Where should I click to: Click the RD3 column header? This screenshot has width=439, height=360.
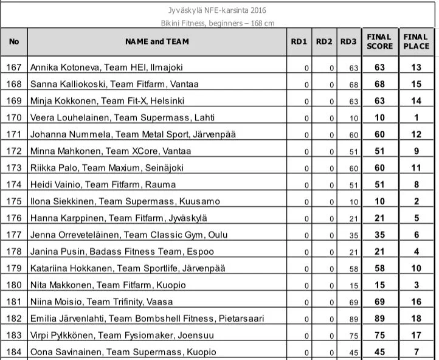click(x=348, y=42)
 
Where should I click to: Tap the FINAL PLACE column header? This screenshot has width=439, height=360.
click(x=416, y=41)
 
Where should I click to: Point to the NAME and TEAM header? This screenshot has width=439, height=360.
click(x=157, y=42)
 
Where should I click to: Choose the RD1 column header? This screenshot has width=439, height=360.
click(x=299, y=42)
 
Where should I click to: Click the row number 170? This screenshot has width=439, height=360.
click(x=14, y=117)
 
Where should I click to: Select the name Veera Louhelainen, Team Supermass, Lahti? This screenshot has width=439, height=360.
click(x=122, y=117)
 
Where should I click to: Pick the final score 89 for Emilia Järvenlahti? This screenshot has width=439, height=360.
click(x=379, y=318)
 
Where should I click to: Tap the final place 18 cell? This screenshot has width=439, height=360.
click(x=416, y=318)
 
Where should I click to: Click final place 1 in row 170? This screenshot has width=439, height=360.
click(x=416, y=117)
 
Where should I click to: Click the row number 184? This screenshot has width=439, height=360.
click(x=14, y=351)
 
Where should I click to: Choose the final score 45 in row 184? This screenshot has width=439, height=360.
click(x=379, y=351)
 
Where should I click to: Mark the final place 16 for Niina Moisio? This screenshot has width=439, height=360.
click(x=416, y=302)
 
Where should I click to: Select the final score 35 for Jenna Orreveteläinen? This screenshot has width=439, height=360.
click(x=379, y=235)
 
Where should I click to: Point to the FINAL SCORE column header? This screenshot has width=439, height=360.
click(x=379, y=41)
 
